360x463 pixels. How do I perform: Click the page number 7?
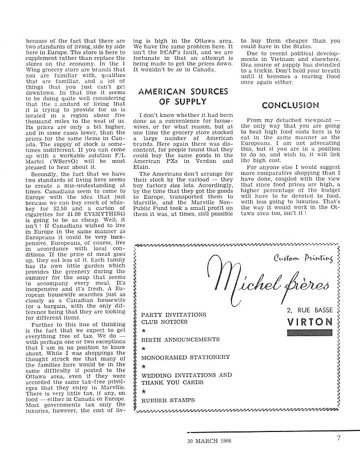[338, 439]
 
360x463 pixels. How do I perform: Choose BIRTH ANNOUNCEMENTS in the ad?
[177, 339]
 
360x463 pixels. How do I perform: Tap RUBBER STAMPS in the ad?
[164, 400]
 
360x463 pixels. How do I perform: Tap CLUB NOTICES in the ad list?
[161, 321]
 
